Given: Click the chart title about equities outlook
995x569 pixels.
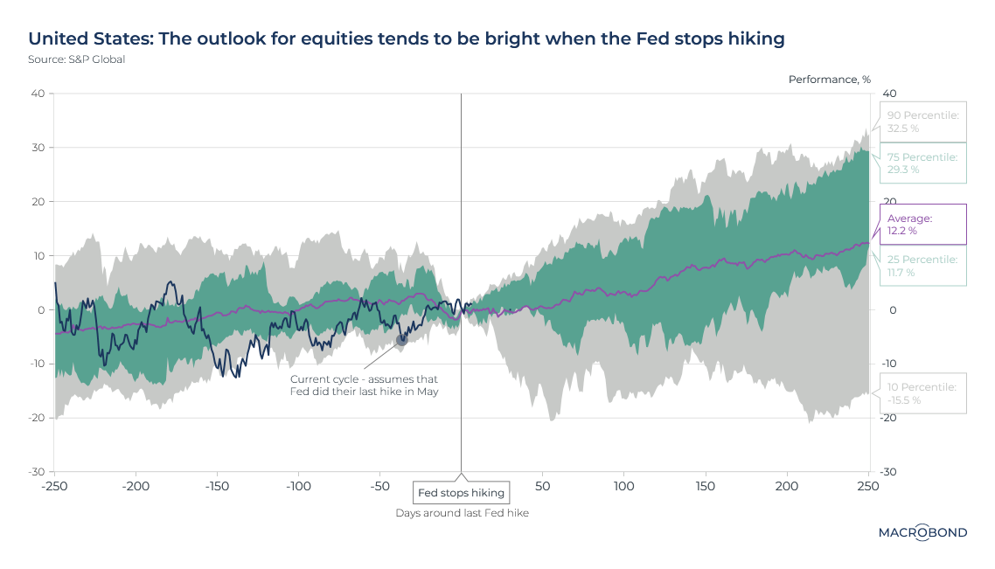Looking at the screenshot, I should click(x=407, y=38).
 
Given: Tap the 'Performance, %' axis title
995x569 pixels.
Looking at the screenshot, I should click(x=829, y=80).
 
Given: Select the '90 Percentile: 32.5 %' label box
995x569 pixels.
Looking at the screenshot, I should click(x=922, y=121).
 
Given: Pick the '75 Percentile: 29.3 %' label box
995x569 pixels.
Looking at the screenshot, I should click(x=922, y=163).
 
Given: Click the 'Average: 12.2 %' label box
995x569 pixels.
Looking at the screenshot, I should click(x=922, y=225).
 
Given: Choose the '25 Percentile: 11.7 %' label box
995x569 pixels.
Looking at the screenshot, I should click(x=922, y=266).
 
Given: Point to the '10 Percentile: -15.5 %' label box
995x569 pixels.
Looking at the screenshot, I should click(x=922, y=393).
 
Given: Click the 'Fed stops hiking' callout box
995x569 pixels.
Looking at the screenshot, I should click(x=461, y=493).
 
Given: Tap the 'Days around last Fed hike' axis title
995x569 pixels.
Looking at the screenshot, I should click(x=462, y=513).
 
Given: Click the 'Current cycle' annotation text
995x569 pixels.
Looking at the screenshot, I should click(x=364, y=385).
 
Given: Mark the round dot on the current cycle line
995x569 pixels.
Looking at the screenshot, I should click(x=402, y=339).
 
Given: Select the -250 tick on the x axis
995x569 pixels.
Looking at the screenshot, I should click(x=54, y=485).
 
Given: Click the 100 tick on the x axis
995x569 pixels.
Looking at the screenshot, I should click(x=624, y=485).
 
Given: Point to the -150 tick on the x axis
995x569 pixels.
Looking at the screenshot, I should click(x=217, y=485).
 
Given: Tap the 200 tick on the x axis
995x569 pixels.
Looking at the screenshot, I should click(x=788, y=485).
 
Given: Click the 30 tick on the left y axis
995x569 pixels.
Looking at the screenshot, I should click(x=38, y=148).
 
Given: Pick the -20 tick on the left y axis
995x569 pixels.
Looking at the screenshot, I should click(x=36, y=418).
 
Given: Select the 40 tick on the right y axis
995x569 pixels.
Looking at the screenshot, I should click(x=889, y=94).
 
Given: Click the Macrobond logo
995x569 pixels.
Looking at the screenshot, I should click(x=922, y=532).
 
